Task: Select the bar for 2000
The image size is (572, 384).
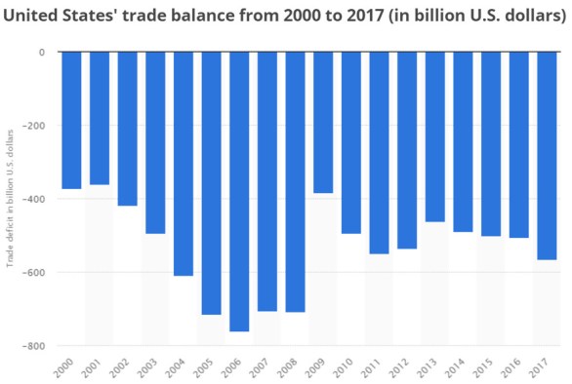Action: (x=71, y=120)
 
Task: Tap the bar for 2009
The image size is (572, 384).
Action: (x=324, y=122)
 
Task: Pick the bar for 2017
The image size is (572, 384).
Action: (x=548, y=156)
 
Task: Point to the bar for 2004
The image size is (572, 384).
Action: (x=184, y=164)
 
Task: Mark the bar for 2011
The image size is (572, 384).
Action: (x=380, y=152)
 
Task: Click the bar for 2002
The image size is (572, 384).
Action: (x=127, y=129)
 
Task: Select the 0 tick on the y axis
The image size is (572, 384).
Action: (x=42, y=53)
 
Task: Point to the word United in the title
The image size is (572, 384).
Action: (x=32, y=17)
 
